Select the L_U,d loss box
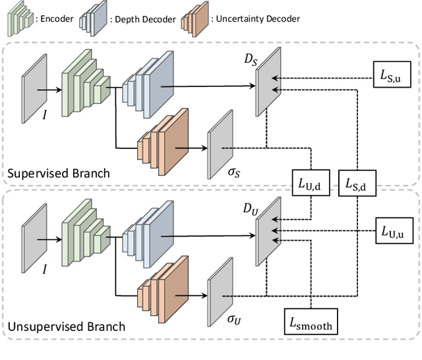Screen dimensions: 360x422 309,185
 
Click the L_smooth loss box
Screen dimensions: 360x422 310,322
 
